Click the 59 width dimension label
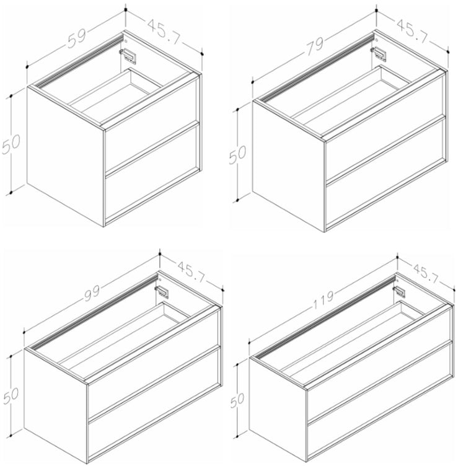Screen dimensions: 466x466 (x=77, y=38)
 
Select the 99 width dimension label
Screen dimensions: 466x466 (x=92, y=292)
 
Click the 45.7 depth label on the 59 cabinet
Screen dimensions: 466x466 (x=164, y=32)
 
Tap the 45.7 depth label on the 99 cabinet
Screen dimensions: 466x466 (x=191, y=272)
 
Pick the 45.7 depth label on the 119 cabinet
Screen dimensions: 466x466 (x=426, y=273)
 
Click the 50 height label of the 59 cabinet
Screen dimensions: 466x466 (x=11, y=144)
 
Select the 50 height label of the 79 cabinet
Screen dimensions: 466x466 (x=237, y=155)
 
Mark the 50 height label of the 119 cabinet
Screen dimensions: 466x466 (x=237, y=400)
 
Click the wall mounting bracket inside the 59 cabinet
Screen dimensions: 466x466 (x=128, y=56)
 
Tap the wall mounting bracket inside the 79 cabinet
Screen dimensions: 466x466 (x=379, y=54)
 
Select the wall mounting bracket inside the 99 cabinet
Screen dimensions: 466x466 (x=162, y=291)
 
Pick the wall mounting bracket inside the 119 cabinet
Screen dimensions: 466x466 (x=399, y=291)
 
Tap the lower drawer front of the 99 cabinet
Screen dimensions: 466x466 (x=154, y=403)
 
